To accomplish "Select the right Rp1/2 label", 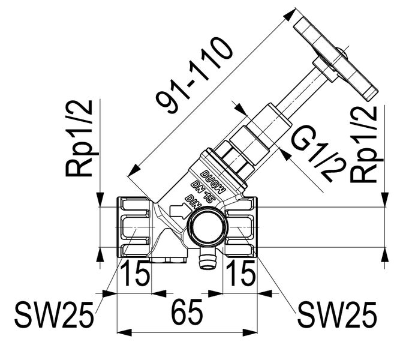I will pos(365,144).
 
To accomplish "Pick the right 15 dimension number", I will pos(240,275).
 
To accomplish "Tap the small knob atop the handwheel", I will pos(342,53).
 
